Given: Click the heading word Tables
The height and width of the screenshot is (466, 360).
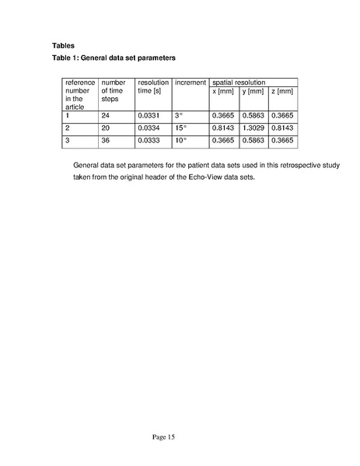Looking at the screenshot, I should click(x=63, y=44).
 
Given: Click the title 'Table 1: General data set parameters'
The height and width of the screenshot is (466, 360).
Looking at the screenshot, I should click(x=114, y=58).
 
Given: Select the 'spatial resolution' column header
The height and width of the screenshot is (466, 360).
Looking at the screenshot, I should click(x=239, y=82).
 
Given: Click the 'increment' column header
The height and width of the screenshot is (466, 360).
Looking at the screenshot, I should click(x=190, y=82).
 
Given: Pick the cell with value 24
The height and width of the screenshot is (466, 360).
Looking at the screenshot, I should click(x=106, y=115).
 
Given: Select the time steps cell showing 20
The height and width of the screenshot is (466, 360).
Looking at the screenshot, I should click(x=106, y=128).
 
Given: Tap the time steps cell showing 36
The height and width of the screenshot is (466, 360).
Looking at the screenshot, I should click(x=106, y=140).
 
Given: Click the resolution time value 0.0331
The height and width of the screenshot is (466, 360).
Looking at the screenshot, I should click(x=148, y=115).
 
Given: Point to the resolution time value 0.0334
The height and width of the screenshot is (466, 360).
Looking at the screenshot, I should click(x=148, y=128).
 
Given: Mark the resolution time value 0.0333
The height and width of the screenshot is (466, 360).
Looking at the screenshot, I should click(x=148, y=140).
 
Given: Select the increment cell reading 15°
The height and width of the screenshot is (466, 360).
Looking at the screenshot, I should click(x=180, y=128).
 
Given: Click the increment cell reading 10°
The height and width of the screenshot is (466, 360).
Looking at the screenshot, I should click(x=180, y=140).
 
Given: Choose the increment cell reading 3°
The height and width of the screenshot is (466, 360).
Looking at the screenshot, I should click(x=178, y=115).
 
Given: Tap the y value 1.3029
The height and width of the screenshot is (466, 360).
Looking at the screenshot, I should click(x=253, y=128).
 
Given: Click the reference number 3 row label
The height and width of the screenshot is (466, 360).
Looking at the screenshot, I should click(x=68, y=140).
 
